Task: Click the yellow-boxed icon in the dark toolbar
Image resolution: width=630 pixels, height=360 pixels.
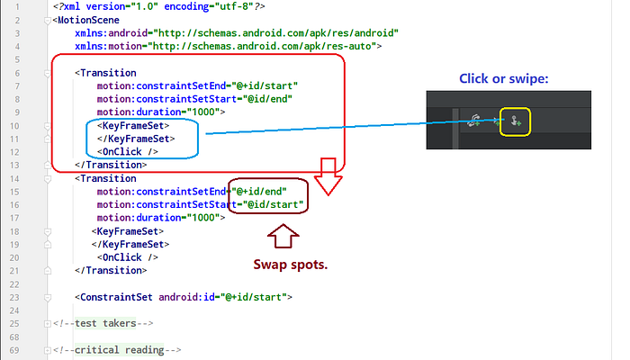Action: pyautogui.click(x=515, y=121)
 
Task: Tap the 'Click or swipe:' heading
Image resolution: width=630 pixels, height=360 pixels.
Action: pyautogui.click(x=503, y=78)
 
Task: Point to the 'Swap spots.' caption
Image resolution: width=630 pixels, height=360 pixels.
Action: pyautogui.click(x=291, y=265)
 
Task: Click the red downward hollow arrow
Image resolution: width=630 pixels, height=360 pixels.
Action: pyautogui.click(x=328, y=176)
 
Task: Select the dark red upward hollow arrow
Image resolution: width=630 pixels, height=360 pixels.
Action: pyautogui.click(x=283, y=236)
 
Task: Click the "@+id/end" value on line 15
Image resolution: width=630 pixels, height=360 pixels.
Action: pyautogui.click(x=259, y=191)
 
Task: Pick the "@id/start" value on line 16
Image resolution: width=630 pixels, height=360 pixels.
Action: pyautogui.click(x=273, y=204)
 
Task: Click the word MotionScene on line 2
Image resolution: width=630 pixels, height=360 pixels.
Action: pyautogui.click(x=88, y=20)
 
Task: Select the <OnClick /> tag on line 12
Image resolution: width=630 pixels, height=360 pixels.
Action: pyautogui.click(x=128, y=152)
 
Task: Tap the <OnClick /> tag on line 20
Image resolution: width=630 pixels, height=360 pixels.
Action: pyautogui.click(x=128, y=257)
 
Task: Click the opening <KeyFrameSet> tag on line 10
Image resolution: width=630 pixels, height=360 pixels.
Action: pyautogui.click(x=133, y=126)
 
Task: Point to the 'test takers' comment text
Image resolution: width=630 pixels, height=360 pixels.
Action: pyautogui.click(x=105, y=323)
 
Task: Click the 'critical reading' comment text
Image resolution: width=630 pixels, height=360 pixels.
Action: pyautogui.click(x=120, y=350)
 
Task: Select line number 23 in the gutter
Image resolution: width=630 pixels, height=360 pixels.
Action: pyautogui.click(x=14, y=297)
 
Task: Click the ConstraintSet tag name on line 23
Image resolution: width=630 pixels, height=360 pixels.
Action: pyautogui.click(x=116, y=297)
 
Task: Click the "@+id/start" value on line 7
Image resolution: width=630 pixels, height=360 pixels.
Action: pyautogui.click(x=265, y=86)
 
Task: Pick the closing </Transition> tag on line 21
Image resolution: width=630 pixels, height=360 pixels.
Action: pyautogui.click(x=111, y=270)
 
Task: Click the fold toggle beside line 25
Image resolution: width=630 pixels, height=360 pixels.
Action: pyautogui.click(x=48, y=323)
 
